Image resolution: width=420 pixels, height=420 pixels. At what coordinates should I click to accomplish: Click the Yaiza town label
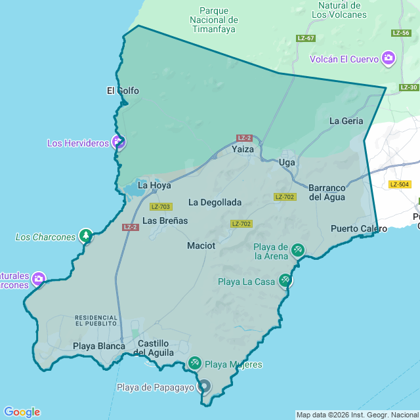[x=242, y=150]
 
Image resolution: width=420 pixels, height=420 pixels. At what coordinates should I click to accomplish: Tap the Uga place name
[x=287, y=162]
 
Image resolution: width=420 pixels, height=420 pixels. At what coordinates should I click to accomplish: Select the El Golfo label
[x=123, y=91]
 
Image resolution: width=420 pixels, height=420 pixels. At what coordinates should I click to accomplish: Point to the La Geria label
[x=346, y=121]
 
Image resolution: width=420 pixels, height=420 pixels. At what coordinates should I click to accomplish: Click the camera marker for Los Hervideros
[x=118, y=142]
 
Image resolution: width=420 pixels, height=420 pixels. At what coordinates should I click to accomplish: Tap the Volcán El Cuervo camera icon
[x=388, y=59]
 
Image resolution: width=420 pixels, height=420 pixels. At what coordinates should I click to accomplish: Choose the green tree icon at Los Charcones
[x=85, y=236]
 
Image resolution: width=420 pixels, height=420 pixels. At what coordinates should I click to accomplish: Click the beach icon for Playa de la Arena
[x=298, y=250]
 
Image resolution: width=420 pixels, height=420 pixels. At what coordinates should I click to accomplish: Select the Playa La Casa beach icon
[x=285, y=280]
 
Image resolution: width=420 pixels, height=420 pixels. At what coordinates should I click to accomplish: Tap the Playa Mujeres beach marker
[x=195, y=363]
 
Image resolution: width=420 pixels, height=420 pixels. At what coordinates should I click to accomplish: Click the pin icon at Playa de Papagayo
[x=204, y=387]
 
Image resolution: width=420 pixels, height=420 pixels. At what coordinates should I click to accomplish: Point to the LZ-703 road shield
[x=161, y=207]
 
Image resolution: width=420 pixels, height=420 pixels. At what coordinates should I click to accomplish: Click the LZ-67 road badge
[x=306, y=38]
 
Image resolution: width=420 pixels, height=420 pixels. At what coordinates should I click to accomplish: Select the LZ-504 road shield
[x=399, y=184]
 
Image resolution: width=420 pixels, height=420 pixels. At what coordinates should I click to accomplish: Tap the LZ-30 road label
[x=408, y=87]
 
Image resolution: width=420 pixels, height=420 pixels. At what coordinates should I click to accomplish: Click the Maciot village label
[x=201, y=245]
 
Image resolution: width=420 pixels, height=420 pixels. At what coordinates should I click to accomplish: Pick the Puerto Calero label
[x=359, y=229]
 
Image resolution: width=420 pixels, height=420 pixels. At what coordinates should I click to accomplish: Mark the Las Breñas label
[x=165, y=220]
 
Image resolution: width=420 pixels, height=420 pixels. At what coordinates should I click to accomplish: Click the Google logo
[x=21, y=411]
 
